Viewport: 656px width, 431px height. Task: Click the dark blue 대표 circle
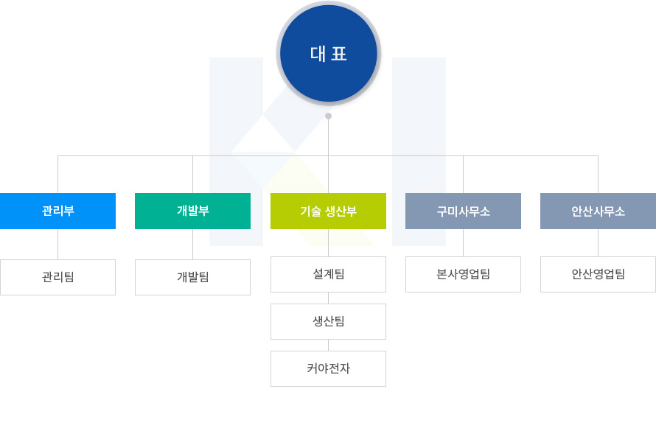(x=329, y=54)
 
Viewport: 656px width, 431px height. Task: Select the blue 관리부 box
(x=57, y=211)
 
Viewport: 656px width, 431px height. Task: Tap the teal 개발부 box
(x=193, y=211)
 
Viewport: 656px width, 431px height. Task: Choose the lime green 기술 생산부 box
(x=329, y=211)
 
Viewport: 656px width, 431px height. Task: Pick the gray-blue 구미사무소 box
(x=463, y=211)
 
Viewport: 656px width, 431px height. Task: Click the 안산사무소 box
(x=598, y=211)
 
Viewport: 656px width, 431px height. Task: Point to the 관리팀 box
(x=57, y=277)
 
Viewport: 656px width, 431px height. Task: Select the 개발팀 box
(x=193, y=277)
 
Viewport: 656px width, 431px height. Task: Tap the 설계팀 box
(x=329, y=274)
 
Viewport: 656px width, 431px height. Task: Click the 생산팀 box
(x=329, y=321)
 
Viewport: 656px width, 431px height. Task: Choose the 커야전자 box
(x=329, y=368)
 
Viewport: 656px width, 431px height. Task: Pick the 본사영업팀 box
(x=463, y=274)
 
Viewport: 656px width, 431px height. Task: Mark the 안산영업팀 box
(x=598, y=274)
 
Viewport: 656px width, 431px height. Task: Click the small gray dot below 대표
(x=329, y=116)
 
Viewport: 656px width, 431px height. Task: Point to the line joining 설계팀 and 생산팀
(x=329, y=298)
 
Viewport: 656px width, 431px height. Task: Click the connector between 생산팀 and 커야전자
(x=329, y=346)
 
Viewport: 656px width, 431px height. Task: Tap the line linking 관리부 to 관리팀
(x=57, y=244)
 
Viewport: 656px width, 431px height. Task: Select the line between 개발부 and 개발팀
(x=193, y=244)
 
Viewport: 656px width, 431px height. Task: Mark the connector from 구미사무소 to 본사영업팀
(x=463, y=243)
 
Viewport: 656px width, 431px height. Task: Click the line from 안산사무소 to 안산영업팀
(x=598, y=243)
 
